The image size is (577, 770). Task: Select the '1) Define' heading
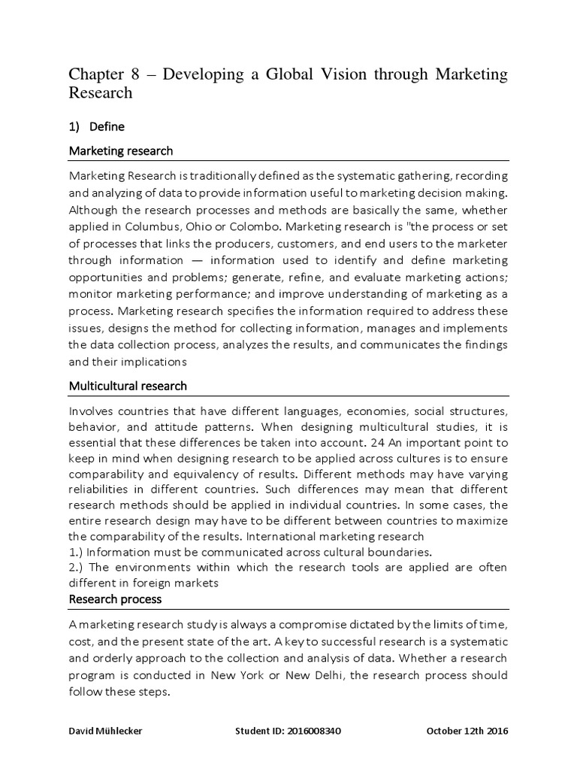click(97, 126)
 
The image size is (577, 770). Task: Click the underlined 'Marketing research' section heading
click(121, 151)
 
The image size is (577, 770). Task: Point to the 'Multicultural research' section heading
click(128, 386)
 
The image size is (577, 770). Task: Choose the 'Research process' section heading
click(115, 599)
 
